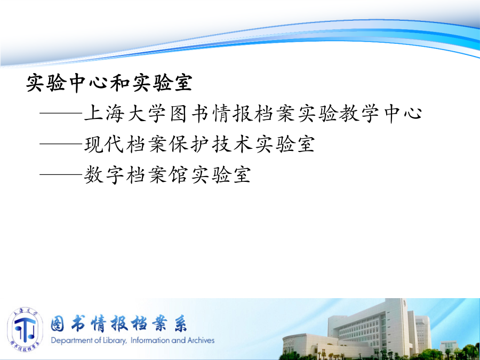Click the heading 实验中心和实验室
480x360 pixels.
pos(109,83)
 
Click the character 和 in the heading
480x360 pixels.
pos(119,83)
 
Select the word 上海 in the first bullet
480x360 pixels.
pos(105,113)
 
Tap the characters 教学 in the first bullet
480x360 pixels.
pos(359,113)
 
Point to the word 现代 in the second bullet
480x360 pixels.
pos(105,144)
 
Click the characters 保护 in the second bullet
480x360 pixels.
pos(189,144)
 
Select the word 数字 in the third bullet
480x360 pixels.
pos(105,174)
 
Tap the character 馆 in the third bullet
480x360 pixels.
pos(179,174)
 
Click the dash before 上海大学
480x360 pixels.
pos(61,113)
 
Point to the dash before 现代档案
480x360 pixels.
pos(61,144)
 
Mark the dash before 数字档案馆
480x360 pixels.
pos(61,175)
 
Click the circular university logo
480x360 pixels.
pos(25,330)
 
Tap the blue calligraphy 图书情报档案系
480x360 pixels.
pos(119,324)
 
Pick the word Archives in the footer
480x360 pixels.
pos(201,340)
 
